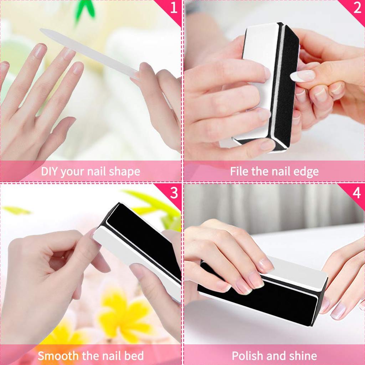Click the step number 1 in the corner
click(174, 8)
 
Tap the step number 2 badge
click(357, 8)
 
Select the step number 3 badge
click(174, 193)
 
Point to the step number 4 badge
click(357, 193)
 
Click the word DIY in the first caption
click(49, 171)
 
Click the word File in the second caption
click(238, 171)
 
